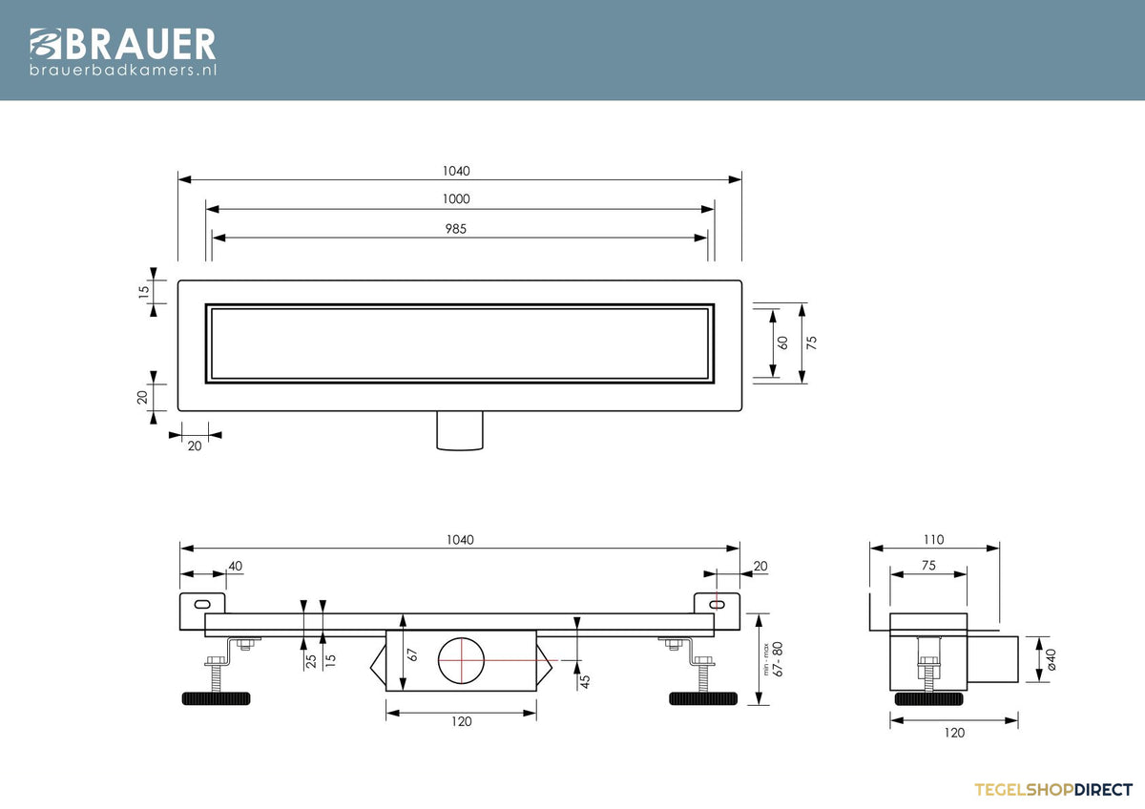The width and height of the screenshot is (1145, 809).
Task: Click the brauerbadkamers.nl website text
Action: (x=123, y=70)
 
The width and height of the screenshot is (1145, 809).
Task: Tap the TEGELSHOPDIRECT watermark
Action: (x=1053, y=790)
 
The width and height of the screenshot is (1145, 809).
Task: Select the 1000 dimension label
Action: (x=456, y=198)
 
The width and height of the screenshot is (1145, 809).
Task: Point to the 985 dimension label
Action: (x=455, y=229)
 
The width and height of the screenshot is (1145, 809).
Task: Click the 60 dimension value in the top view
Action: (x=782, y=342)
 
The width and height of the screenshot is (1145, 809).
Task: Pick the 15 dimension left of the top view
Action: (x=144, y=292)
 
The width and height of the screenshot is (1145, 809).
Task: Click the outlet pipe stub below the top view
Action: (x=460, y=430)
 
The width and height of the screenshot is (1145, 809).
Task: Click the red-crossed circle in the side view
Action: (x=461, y=660)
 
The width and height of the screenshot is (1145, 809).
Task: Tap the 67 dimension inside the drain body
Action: (x=413, y=654)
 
